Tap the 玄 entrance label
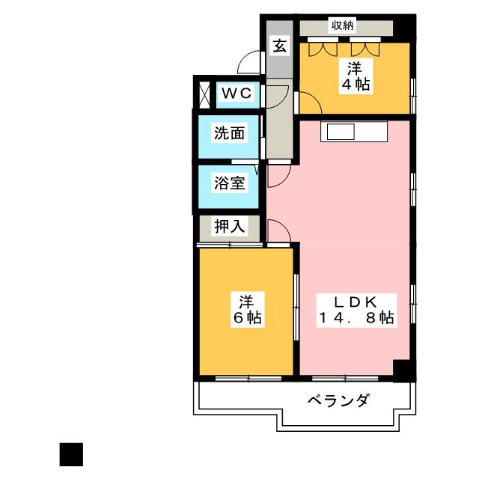point(279,46)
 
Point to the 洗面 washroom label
point(229,134)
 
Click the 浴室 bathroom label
point(229,183)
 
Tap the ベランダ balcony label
point(338,400)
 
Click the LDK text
point(354,302)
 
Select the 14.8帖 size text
point(354,318)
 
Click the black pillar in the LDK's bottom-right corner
point(403,370)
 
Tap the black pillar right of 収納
point(405,27)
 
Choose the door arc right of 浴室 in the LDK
point(276,176)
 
